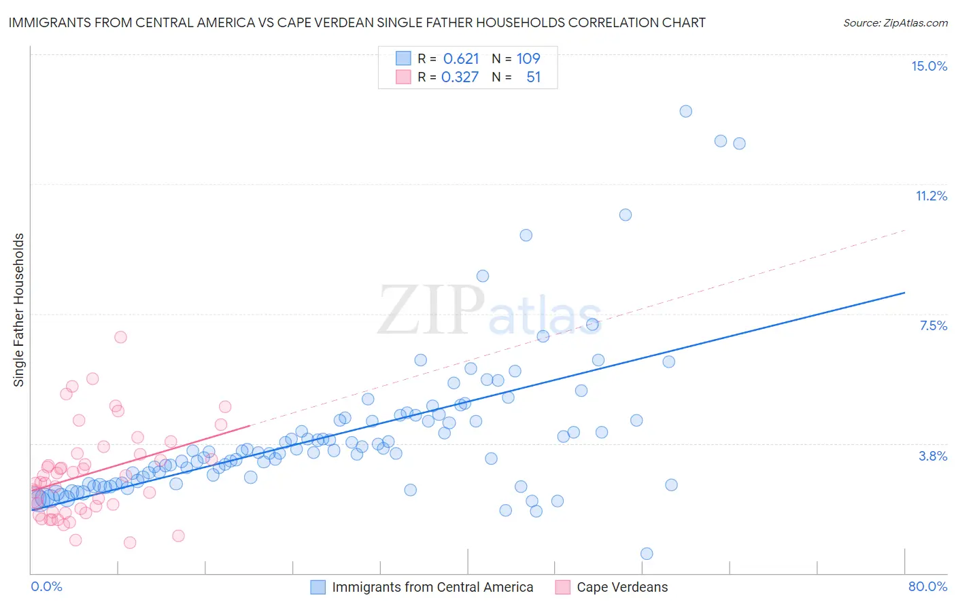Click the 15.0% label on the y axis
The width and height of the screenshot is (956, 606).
pyautogui.click(x=929, y=66)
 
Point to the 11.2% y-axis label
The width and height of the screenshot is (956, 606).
pyautogui.click(x=931, y=196)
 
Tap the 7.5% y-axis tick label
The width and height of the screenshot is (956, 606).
pyautogui.click(x=933, y=325)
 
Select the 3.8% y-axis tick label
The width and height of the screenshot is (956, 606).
pyautogui.click(x=933, y=456)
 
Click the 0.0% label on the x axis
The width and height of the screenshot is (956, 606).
pyautogui.click(x=46, y=586)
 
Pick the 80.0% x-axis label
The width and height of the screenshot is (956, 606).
pyautogui.click(x=927, y=586)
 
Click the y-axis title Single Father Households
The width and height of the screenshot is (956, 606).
pyautogui.click(x=18, y=310)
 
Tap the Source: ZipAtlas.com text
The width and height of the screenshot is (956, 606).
pyautogui.click(x=895, y=22)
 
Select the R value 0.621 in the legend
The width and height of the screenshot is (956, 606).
pyautogui.click(x=461, y=58)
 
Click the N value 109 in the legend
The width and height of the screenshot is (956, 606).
pyautogui.click(x=528, y=58)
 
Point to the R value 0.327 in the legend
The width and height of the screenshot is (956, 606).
pyautogui.click(x=460, y=77)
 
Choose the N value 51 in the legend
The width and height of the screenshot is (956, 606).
pyautogui.click(x=533, y=77)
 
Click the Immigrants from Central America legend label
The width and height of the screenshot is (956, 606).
pyautogui.click(x=432, y=587)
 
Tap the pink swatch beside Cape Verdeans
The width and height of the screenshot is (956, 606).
pyautogui.click(x=562, y=587)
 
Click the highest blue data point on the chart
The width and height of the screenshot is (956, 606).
pyautogui.click(x=685, y=111)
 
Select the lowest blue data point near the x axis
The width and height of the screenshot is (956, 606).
pyautogui.click(x=647, y=554)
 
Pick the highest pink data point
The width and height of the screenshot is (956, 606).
pyautogui.click(x=120, y=337)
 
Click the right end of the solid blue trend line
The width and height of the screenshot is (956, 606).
pyautogui.click(x=904, y=292)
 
